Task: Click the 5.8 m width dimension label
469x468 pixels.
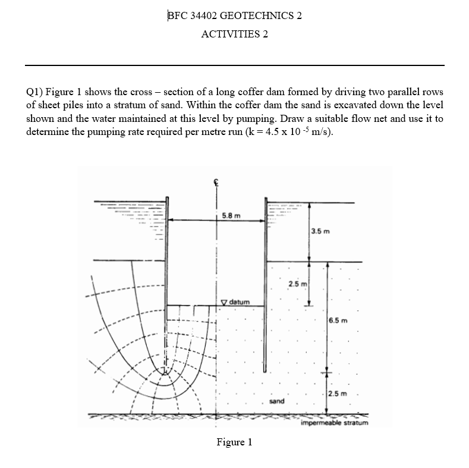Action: point(230,215)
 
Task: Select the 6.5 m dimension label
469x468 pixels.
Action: point(337,321)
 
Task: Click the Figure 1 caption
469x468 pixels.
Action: point(234,442)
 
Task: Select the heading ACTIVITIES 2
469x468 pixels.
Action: point(234,34)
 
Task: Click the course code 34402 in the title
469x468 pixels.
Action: point(206,15)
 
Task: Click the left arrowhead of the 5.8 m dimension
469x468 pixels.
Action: point(172,221)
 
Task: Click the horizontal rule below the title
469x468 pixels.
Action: point(234,65)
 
